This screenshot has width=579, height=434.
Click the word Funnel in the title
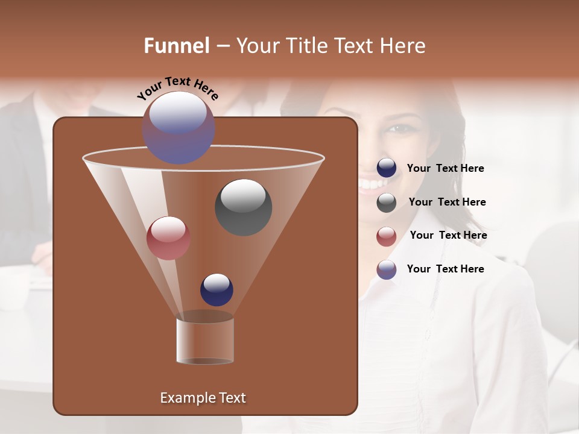point(177,46)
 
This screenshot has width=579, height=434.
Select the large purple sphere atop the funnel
point(179,128)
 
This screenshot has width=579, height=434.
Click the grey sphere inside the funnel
point(243,207)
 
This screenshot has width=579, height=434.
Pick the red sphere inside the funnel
point(168,238)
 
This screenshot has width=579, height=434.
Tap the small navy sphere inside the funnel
point(217,289)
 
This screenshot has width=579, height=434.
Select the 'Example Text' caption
point(203,398)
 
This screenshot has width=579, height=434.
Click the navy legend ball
point(387,168)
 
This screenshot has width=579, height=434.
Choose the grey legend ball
point(387,203)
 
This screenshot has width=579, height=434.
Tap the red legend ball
point(387,236)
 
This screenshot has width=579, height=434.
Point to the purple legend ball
point(387,269)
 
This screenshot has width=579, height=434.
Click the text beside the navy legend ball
point(445,169)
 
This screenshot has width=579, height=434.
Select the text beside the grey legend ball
point(447,203)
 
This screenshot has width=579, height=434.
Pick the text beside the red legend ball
point(448,236)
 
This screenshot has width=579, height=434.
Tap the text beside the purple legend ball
point(445,269)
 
